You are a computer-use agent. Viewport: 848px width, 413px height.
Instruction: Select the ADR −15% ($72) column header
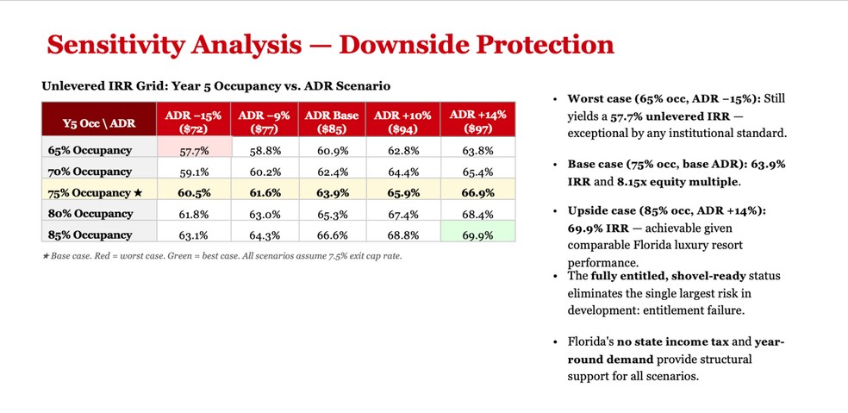(194, 119)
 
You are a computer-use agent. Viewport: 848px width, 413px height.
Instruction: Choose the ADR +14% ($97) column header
(477, 119)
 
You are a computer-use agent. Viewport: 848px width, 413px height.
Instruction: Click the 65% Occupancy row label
(90, 151)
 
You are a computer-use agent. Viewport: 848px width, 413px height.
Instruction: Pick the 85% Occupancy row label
(90, 235)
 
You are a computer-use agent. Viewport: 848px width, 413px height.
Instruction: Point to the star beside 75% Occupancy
(137, 192)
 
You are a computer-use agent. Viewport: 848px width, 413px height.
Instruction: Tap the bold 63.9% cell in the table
(332, 192)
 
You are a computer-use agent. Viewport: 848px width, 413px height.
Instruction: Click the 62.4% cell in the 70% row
(332, 172)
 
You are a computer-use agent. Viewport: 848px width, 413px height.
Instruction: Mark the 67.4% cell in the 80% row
(403, 215)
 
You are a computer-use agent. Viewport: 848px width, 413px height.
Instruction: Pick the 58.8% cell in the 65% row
(265, 152)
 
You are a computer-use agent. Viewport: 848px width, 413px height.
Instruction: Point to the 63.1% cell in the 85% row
(194, 235)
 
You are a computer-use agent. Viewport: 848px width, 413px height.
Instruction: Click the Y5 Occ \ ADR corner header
(99, 123)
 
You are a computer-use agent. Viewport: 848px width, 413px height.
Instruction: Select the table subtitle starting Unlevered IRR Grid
(216, 86)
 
